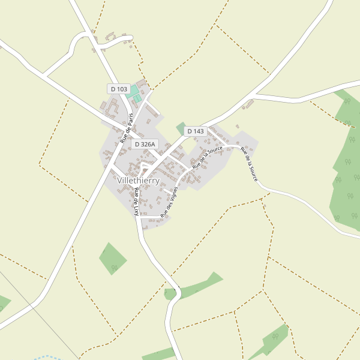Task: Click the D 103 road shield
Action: [119, 89]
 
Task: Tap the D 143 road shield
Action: [195, 131]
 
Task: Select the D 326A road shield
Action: [145, 144]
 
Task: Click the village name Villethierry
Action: [139, 180]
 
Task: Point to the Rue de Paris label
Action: [126, 128]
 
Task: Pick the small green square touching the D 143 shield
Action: [181, 127]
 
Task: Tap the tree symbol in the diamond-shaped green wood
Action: [114, 268]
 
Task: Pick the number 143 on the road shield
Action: [199, 131]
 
